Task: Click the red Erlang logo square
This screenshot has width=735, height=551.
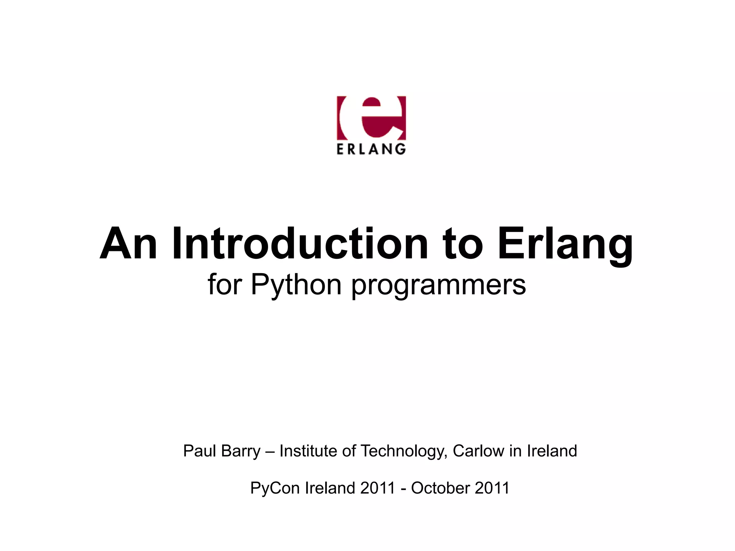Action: click(371, 118)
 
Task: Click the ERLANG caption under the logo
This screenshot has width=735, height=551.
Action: click(371, 149)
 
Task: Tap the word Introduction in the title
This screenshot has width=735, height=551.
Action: click(300, 244)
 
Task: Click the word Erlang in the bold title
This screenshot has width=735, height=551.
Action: click(565, 244)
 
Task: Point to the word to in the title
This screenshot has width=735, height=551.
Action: click(463, 244)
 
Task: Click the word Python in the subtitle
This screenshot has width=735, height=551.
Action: click(296, 285)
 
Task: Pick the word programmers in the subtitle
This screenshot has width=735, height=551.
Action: click(438, 285)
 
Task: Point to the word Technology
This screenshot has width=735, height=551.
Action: click(404, 451)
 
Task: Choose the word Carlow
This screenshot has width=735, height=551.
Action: click(478, 451)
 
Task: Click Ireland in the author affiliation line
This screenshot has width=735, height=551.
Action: click(552, 451)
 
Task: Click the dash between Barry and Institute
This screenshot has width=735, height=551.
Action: click(270, 451)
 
